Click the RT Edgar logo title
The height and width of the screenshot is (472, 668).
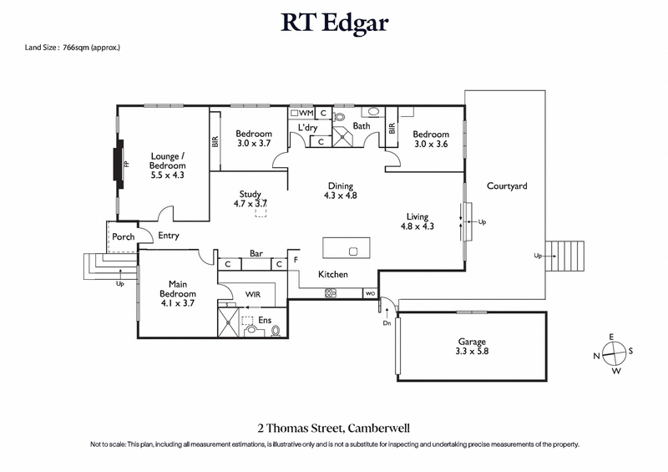click(334, 23)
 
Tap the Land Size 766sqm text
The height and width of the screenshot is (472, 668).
click(73, 48)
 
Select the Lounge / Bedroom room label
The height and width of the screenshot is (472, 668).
click(167, 165)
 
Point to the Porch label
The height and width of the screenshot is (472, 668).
click(124, 236)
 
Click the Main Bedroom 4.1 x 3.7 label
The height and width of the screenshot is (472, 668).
click(178, 289)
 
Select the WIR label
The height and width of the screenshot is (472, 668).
click(254, 294)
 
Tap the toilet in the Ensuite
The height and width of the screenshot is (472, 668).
click(275, 331)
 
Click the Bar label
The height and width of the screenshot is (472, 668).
click(257, 254)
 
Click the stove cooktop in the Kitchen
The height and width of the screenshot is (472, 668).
click(330, 293)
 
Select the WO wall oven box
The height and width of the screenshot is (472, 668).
click(369, 294)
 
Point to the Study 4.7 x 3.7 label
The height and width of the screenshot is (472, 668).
click(250, 199)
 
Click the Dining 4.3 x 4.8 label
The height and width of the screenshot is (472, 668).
click(340, 191)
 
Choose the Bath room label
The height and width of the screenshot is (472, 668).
click(362, 127)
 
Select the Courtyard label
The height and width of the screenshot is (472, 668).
click(507, 186)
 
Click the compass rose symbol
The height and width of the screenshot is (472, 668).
click(613, 353)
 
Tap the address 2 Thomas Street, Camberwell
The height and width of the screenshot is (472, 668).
click(334, 427)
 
